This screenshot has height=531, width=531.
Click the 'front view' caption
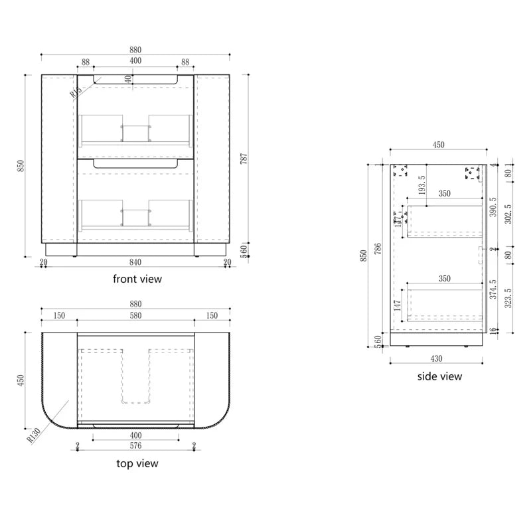(137, 279)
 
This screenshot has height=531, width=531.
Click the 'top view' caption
(137, 463)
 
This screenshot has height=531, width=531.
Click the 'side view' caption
(439, 376)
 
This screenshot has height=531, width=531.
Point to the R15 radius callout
(75, 90)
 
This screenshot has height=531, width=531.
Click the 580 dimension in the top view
(135, 315)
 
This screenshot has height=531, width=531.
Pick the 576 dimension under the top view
(135, 447)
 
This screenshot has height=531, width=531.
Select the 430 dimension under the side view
(436, 359)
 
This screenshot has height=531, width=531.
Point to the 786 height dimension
(379, 249)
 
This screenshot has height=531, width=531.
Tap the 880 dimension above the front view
(135, 50)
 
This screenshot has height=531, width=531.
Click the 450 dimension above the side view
(439, 145)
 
